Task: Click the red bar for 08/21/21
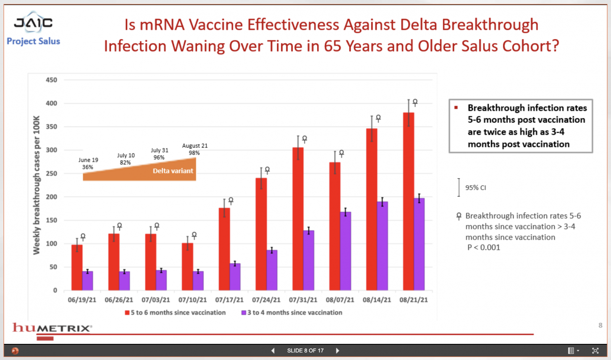[x=408, y=201]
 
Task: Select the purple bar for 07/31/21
[x=309, y=260]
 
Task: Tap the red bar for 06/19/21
[x=77, y=268]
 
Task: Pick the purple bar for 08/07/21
[x=345, y=251]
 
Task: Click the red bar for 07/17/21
[x=224, y=249]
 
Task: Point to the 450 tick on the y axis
[x=51, y=80]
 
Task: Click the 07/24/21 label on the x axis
[x=266, y=300]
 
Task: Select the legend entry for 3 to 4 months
[x=292, y=313]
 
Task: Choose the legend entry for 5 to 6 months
[x=175, y=313]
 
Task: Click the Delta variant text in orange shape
[x=173, y=171]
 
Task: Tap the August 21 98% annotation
[x=195, y=149]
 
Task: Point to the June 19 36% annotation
[x=88, y=164]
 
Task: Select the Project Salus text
[x=33, y=41]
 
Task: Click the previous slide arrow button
[x=273, y=350]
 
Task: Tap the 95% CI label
[x=475, y=188]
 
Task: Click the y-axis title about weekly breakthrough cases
[x=37, y=185]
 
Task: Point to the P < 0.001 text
[x=483, y=248]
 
